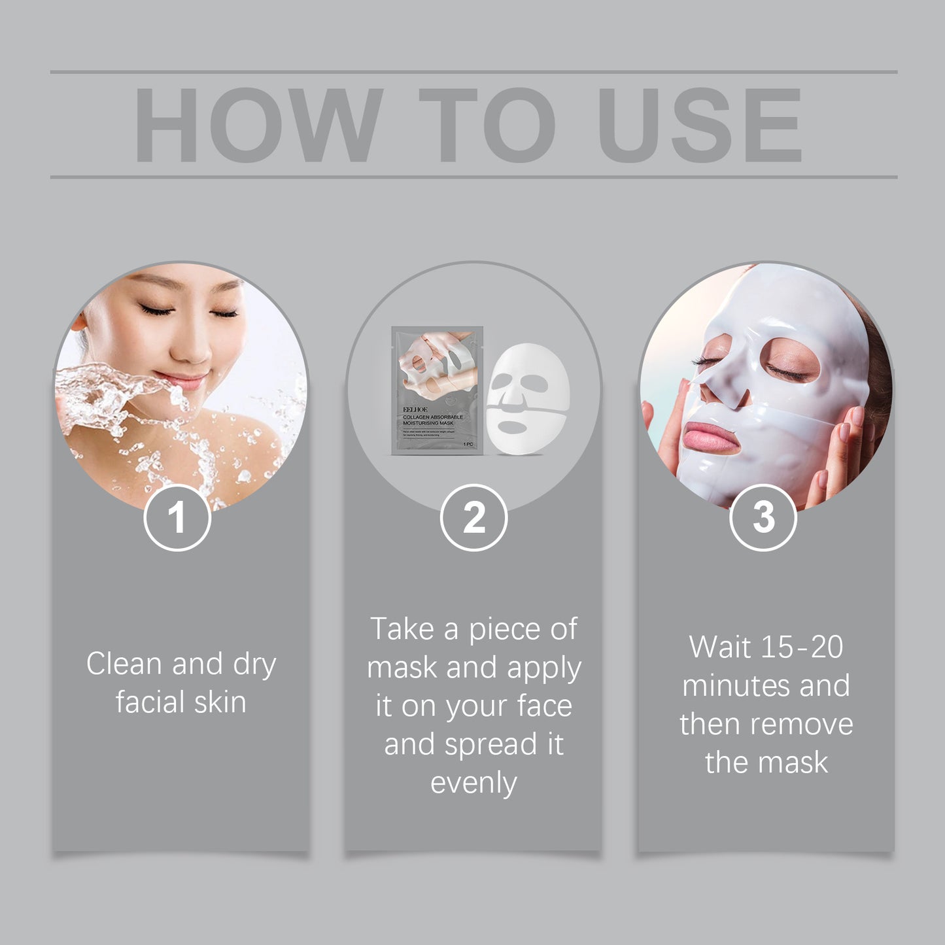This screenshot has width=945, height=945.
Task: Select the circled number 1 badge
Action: coord(177,517)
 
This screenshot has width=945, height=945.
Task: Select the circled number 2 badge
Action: coord(473,517)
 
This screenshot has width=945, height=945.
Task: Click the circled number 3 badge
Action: coord(763,517)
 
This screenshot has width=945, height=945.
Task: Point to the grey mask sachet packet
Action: coord(437,390)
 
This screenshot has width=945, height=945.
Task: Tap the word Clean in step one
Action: coord(124,664)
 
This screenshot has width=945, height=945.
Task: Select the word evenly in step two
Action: coord(473,783)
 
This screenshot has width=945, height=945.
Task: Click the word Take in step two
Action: coord(403,629)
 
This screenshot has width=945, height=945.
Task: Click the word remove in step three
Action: coord(812,725)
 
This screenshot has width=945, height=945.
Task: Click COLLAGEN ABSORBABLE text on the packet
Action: coord(432,417)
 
